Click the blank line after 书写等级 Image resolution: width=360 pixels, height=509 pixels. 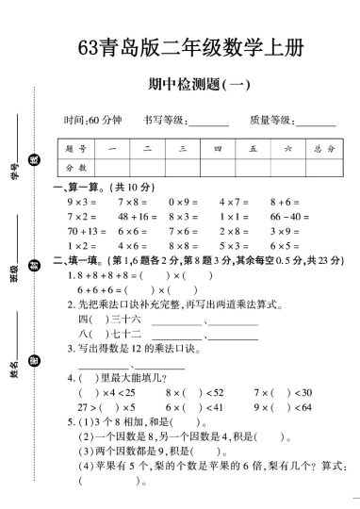pos(208,123)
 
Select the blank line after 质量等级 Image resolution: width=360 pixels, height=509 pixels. pos(315,123)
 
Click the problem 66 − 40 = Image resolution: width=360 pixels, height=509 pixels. pos(289,216)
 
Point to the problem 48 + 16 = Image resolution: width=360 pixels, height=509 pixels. pos(136,216)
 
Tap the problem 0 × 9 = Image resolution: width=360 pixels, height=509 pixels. pos(183,202)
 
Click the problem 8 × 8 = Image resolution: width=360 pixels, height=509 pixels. pos(183,244)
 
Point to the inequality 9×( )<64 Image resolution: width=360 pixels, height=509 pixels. pos(282,407)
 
